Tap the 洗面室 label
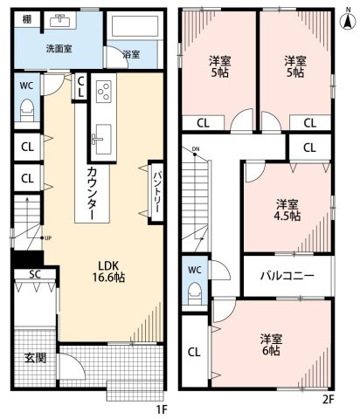(59, 48)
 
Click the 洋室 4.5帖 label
(287, 209)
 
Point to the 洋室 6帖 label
(269, 343)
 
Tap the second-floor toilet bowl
(195, 292)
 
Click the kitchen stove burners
(105, 92)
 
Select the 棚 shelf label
(28, 18)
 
